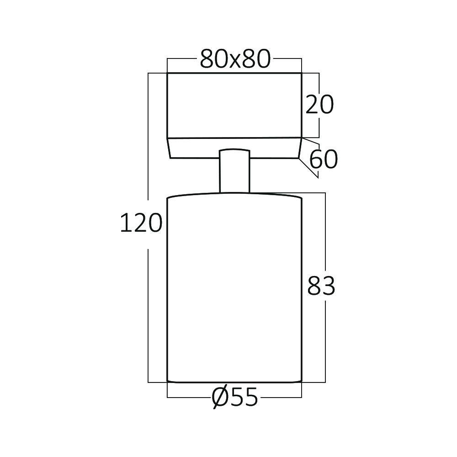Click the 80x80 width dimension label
[235, 59]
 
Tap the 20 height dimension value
[319, 106]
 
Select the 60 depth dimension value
[323, 159]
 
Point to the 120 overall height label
[141, 223]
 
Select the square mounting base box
[234, 106]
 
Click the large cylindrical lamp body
[234, 288]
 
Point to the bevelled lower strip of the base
[234, 148]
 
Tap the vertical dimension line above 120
[149, 137]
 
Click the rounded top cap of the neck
[234, 150]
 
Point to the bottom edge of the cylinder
[234, 382]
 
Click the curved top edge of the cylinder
[234, 194]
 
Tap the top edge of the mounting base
[234, 73]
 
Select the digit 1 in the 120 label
[124, 223]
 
